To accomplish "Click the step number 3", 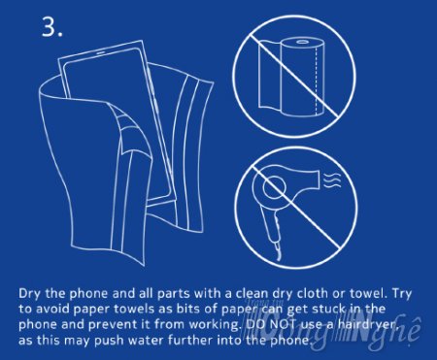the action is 51,26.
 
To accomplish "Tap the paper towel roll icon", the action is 290,77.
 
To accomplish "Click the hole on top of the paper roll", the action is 303,42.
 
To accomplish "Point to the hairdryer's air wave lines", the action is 332,181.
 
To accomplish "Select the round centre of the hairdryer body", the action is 274,186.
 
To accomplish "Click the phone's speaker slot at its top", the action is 101,51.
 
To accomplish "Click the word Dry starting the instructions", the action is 30,294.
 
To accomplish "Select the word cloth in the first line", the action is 312,293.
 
